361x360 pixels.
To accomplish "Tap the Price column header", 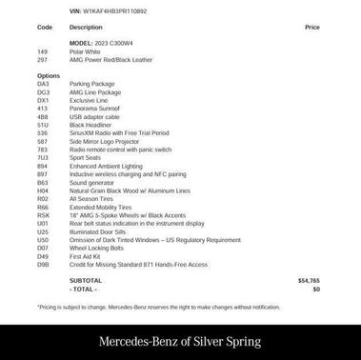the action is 312,28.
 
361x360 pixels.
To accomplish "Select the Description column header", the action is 86,28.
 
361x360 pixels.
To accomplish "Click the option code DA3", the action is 43,84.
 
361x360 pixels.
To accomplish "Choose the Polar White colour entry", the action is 84,51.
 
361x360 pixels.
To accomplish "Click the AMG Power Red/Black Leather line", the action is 110,59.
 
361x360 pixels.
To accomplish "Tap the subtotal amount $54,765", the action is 309,281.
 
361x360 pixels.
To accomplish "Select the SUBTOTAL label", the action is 86,281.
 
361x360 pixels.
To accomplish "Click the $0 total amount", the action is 316,289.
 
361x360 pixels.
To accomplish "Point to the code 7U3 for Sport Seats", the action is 43,158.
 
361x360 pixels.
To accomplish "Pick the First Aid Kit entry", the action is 85,256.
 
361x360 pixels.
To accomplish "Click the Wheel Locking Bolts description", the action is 96,248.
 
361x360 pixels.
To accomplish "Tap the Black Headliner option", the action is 90,125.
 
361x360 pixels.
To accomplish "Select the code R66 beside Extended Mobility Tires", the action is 43,207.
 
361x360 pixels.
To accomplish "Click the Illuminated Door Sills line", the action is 97,231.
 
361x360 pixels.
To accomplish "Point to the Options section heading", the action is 49,75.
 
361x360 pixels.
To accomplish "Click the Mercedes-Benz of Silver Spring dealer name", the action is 180,341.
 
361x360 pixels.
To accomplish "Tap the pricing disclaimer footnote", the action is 159,307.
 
